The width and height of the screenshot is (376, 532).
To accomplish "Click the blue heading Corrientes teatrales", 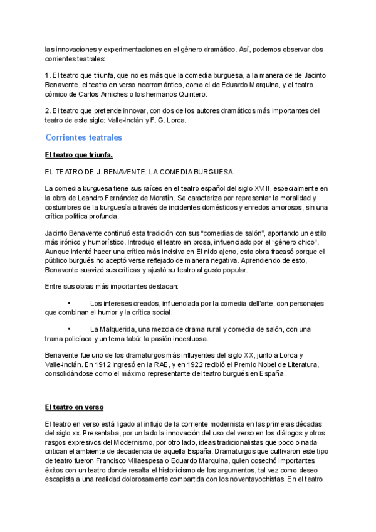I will tap(83, 137).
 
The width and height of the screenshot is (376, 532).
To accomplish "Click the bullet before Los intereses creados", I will tap(68, 304).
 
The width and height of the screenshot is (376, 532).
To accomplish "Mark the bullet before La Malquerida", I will tap(68, 330).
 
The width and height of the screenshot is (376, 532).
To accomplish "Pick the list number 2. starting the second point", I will tap(48, 111).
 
